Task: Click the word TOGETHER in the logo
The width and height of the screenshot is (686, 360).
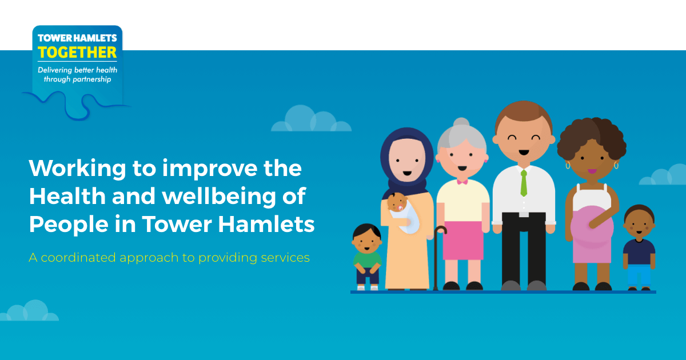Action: tap(77, 53)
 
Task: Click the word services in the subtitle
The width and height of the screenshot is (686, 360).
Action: tap(284, 258)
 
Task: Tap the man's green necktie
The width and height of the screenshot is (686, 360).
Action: tap(524, 183)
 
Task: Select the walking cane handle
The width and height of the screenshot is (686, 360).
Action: tap(440, 230)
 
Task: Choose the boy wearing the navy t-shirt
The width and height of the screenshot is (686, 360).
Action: tap(639, 246)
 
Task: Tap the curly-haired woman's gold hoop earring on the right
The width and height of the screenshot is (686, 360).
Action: tap(616, 165)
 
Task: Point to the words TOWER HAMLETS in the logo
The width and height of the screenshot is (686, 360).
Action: tap(77, 38)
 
